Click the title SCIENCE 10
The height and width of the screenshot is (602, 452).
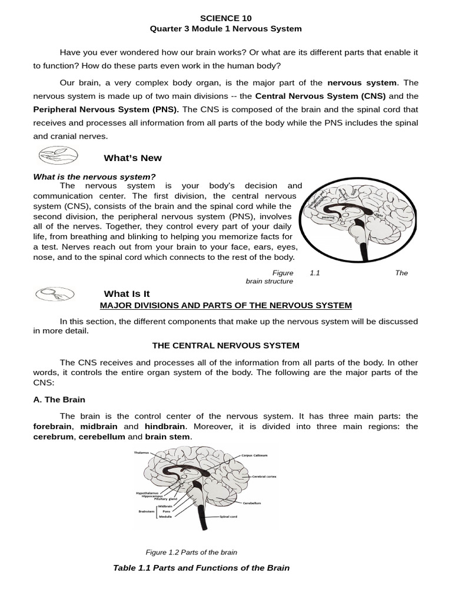point(226,18)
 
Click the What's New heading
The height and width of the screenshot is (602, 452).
point(132,158)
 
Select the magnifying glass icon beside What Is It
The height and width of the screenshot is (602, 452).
point(54,294)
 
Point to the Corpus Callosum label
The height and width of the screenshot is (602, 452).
point(254,455)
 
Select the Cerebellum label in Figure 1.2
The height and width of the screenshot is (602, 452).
point(251,503)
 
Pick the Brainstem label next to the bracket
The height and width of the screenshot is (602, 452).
point(146,511)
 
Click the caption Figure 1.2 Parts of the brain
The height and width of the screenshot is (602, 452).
point(191,552)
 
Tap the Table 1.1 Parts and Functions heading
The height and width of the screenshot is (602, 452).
point(201,568)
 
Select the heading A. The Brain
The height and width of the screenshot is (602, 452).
point(59,399)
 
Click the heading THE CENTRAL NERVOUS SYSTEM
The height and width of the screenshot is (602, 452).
point(226,345)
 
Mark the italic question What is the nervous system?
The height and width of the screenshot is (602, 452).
point(94,176)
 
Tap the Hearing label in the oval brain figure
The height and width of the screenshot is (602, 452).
point(328,216)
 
